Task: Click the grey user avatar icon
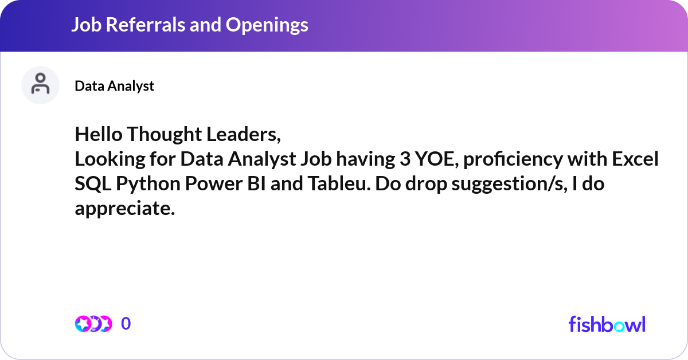click(x=40, y=85)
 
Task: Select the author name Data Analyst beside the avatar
click(x=114, y=85)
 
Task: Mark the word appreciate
click(x=124, y=209)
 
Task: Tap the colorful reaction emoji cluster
click(x=93, y=324)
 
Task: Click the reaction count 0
click(x=126, y=324)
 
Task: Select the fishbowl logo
click(x=607, y=324)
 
